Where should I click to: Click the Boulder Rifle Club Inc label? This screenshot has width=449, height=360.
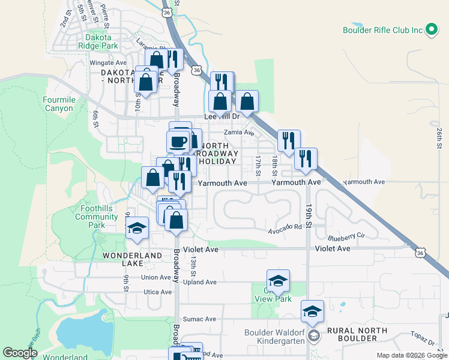(382, 29)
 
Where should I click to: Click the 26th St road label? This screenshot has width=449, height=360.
(439, 137)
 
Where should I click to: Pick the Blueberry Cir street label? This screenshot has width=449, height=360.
(347, 236)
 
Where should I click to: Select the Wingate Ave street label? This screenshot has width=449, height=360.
(108, 62)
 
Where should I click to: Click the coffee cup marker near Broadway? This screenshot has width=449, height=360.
(178, 142)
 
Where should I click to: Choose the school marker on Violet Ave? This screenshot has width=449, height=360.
(137, 229)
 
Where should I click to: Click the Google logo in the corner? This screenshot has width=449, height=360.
(20, 353)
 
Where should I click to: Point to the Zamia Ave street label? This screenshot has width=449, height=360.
(239, 133)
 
